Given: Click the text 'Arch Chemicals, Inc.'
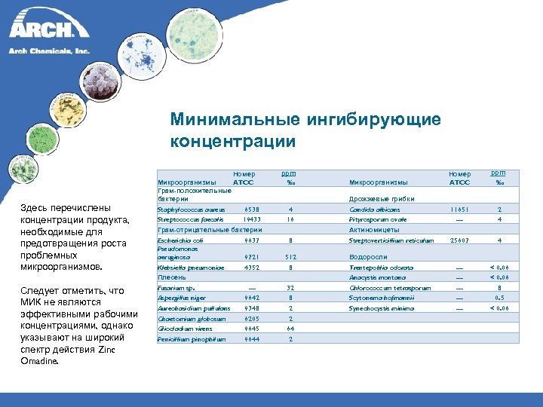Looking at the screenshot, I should (49, 51).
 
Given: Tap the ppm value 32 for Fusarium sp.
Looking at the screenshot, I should (290, 287).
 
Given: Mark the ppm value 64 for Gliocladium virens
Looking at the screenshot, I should (290, 329).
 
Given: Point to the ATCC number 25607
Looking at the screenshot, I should (459, 240).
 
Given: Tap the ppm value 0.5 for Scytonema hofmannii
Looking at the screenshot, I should (499, 298).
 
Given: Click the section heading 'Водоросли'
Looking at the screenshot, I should (369, 256).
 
